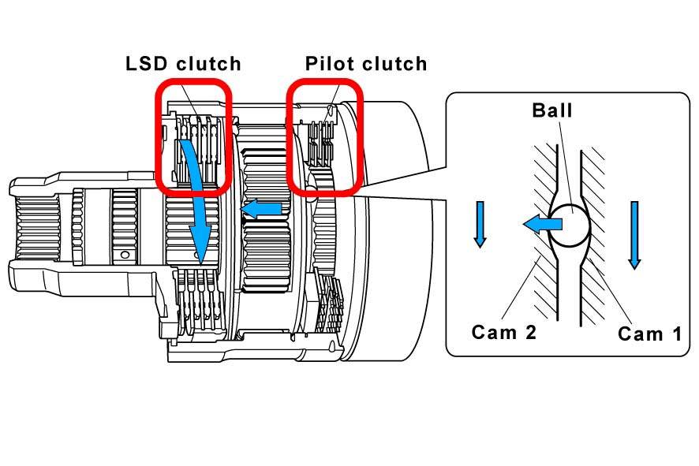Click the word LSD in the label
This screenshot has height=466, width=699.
tap(148, 64)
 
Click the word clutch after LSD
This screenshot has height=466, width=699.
tap(208, 64)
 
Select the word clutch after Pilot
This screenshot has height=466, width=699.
tap(394, 64)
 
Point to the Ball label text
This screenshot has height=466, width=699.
tap(552, 110)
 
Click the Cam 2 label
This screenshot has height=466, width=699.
tap(504, 332)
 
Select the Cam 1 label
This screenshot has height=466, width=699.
tap(649, 334)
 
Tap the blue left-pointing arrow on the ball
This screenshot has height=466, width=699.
tap(543, 224)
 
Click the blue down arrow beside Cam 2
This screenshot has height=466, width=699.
tap(480, 224)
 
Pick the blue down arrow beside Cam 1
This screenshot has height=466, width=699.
tap(634, 235)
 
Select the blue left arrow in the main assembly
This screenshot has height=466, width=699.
tap(261, 209)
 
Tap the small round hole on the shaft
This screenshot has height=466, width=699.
tap(125, 255)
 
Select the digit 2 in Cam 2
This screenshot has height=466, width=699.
tap(530, 332)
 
